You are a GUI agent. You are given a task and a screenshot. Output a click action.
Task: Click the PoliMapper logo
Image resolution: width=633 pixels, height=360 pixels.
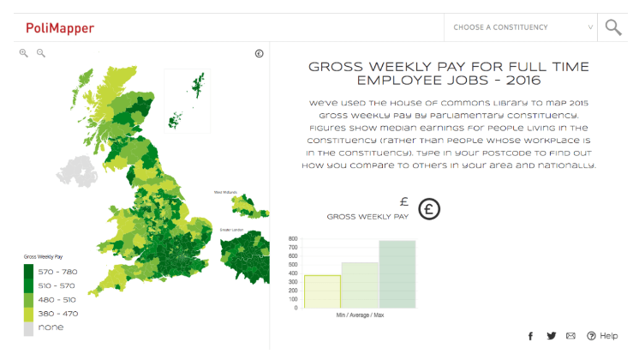click(x=60, y=28)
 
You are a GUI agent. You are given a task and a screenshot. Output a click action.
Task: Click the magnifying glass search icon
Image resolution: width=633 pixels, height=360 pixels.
click(x=612, y=27)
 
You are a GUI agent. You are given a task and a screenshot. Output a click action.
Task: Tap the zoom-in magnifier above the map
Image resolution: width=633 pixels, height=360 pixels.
click(x=24, y=53)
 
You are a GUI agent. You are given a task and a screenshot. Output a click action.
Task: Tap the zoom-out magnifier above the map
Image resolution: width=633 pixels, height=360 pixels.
click(x=40, y=53)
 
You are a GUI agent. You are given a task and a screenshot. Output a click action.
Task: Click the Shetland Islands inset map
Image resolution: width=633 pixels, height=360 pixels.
click(x=199, y=85)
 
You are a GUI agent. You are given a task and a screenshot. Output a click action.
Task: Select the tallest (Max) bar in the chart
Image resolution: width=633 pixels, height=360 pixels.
click(x=397, y=273)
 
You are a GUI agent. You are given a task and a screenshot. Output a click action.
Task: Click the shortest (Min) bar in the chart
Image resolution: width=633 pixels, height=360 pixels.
click(x=322, y=291)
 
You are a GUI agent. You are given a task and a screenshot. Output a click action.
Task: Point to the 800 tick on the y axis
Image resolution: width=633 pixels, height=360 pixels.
click(x=294, y=239)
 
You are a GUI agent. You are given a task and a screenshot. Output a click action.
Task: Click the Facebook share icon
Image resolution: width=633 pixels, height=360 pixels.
click(x=531, y=336)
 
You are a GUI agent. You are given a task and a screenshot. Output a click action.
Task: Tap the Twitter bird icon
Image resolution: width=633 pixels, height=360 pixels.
click(x=551, y=336)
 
